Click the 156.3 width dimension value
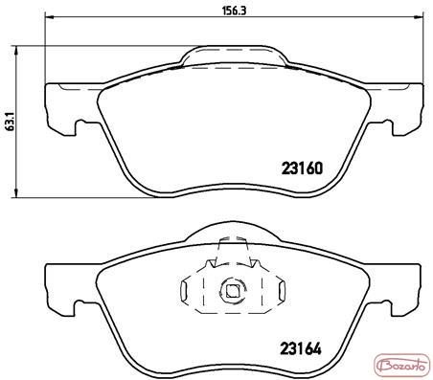235,11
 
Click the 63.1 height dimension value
10,122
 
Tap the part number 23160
302,168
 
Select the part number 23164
301,348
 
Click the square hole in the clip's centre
233,290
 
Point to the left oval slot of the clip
185,290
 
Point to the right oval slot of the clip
281,290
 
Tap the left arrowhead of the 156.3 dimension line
49,17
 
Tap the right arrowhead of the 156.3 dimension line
420,17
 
